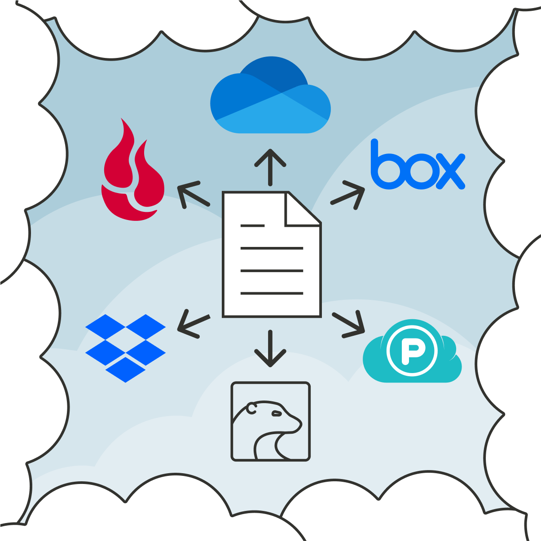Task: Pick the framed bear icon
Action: (270, 421)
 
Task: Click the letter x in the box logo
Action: (449, 171)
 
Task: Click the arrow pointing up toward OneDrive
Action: (270, 167)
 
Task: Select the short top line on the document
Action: (252, 226)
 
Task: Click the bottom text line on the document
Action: (272, 293)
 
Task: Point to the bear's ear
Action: (251, 408)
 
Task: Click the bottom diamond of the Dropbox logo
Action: (126, 370)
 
